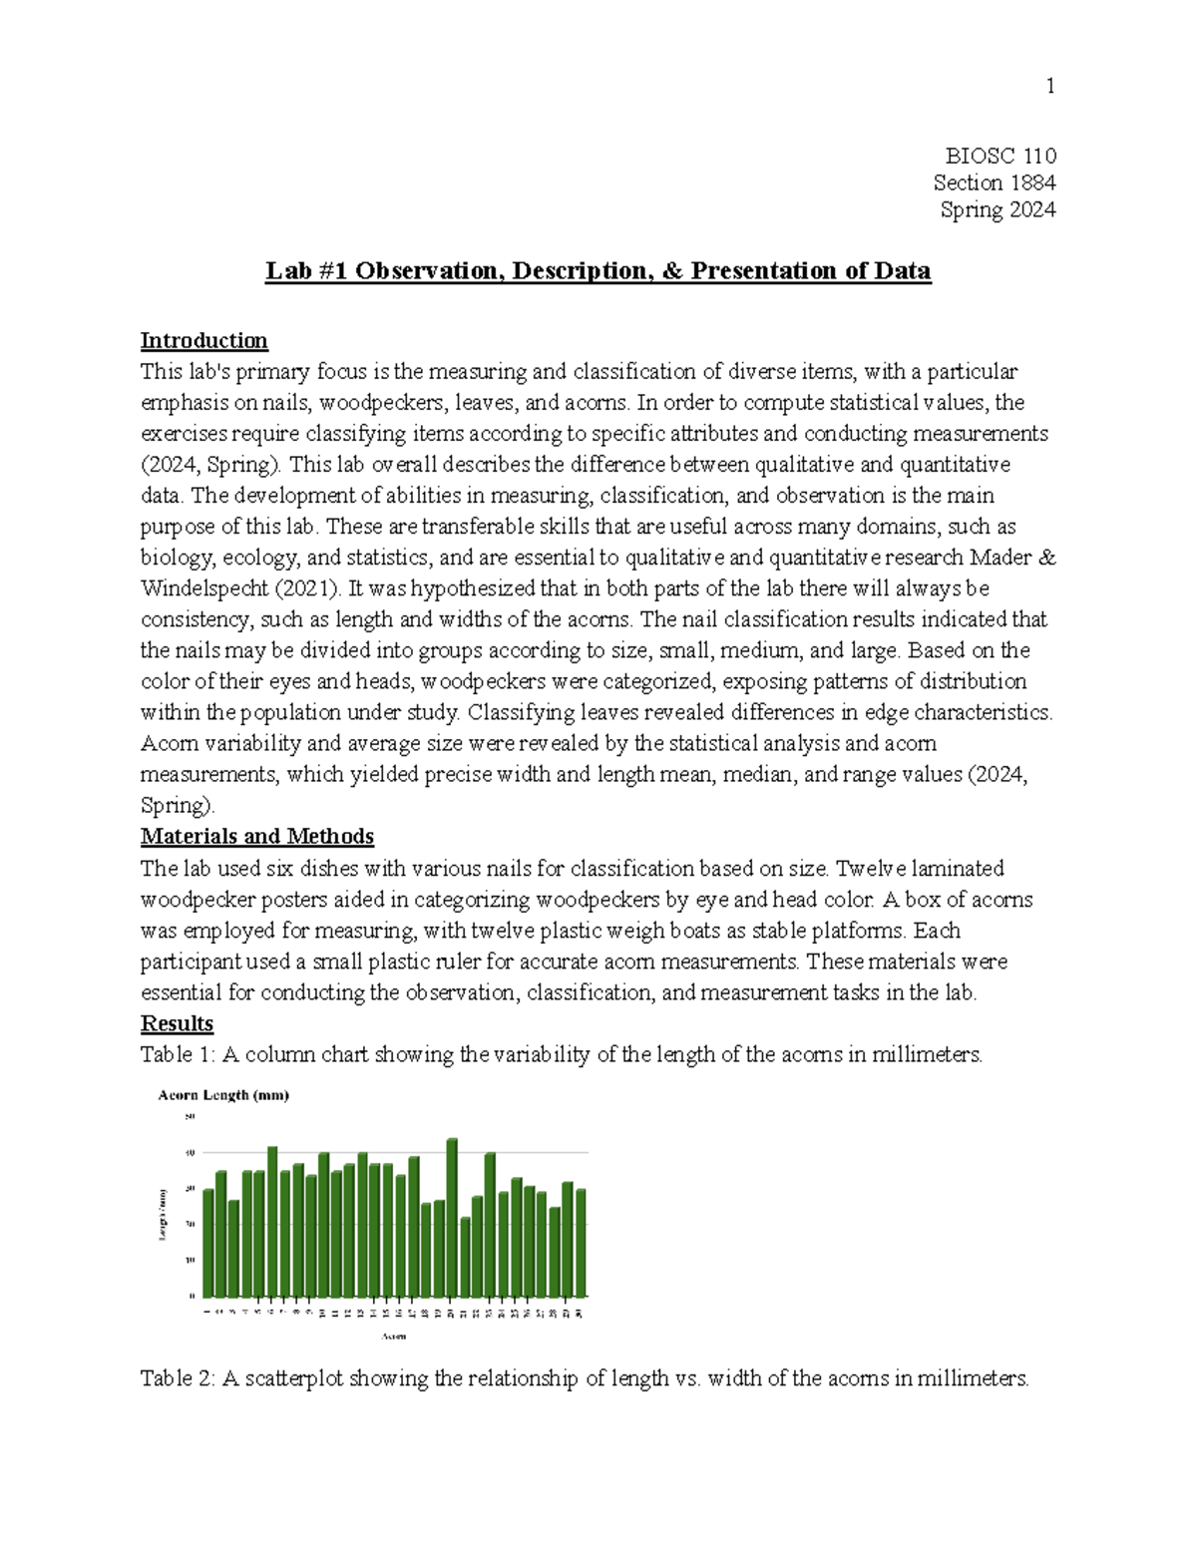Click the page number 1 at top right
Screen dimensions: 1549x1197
coord(1049,87)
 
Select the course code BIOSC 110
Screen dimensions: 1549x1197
coord(1000,156)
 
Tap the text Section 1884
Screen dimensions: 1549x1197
coord(995,183)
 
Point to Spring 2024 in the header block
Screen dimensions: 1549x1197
coord(997,209)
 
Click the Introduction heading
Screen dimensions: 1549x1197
coord(203,341)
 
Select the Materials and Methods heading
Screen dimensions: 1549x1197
coord(256,836)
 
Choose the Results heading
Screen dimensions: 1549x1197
coord(177,1023)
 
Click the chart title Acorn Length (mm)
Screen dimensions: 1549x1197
coord(223,1095)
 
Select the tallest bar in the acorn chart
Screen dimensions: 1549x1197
coord(452,1217)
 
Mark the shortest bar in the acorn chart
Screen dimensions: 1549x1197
coord(465,1256)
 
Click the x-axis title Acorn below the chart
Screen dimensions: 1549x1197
coord(395,1337)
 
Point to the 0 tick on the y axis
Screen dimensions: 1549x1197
coord(192,1296)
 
